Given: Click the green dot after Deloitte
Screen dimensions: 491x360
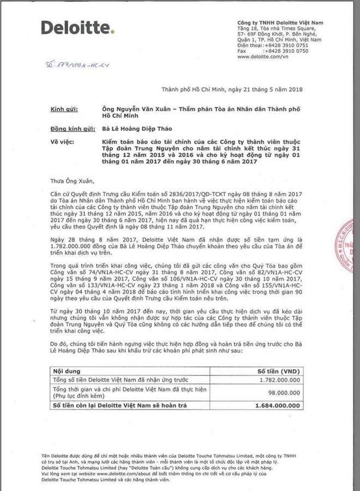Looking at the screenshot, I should point(113,33).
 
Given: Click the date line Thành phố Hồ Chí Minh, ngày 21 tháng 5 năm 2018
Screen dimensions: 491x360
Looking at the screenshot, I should point(232,89).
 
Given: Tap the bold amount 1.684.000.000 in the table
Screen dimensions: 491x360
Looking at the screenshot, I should point(277,405).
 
